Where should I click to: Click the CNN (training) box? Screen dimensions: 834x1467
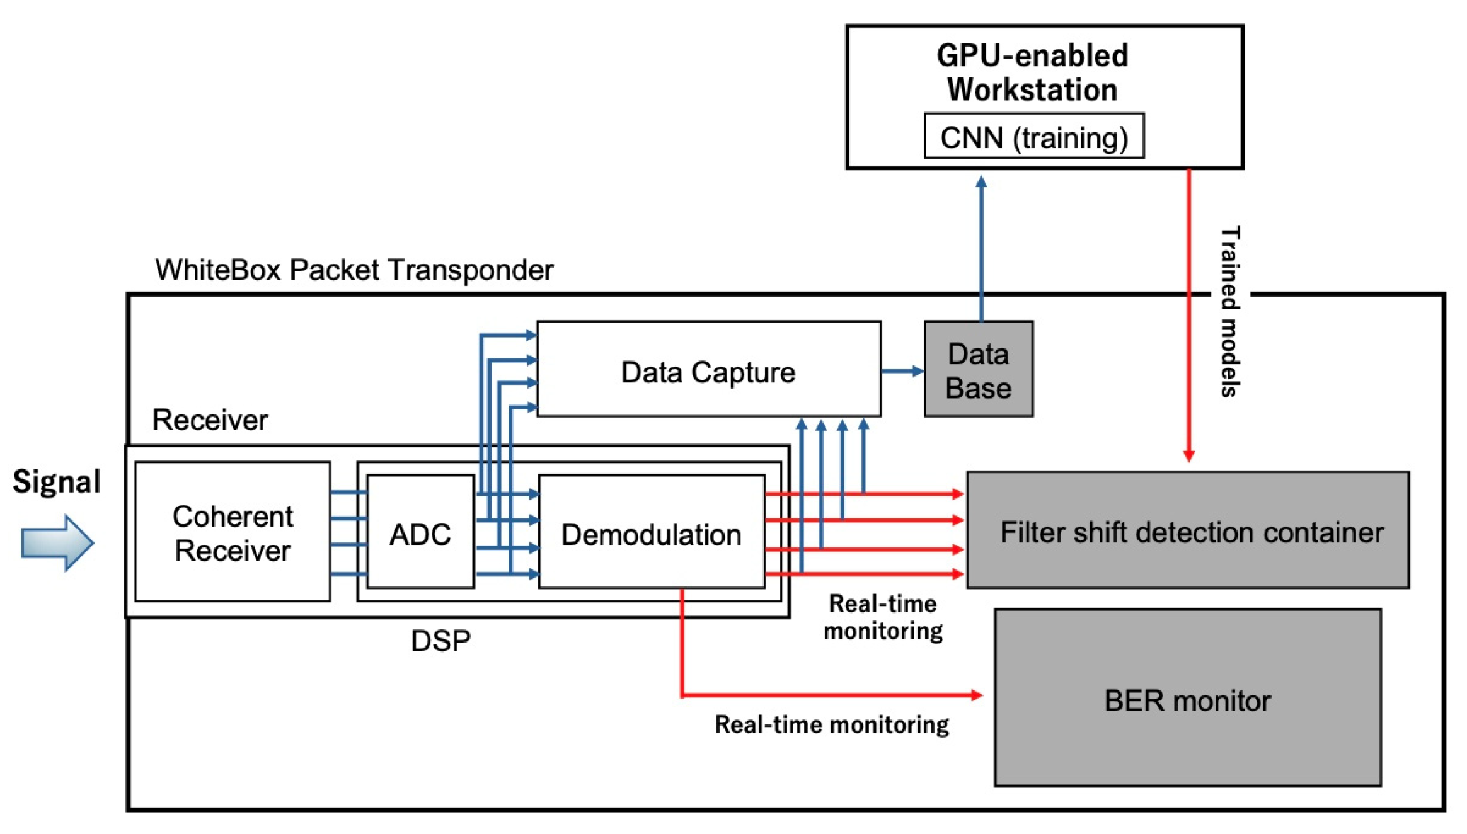click(1033, 137)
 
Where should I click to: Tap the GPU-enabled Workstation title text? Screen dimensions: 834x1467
click(1032, 72)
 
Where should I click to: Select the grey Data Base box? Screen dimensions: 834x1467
click(977, 370)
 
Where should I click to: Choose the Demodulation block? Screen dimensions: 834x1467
click(650, 534)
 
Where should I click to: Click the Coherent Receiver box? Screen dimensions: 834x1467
click(232, 532)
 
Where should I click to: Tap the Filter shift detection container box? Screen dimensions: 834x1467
click(1187, 531)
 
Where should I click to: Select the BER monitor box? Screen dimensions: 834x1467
click(1187, 699)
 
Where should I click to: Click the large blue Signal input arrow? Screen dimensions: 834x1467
click(57, 542)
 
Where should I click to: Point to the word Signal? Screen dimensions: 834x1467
click(56, 482)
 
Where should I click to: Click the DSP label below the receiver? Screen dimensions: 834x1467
click(440, 641)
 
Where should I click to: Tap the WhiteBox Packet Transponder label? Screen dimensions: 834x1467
click(354, 270)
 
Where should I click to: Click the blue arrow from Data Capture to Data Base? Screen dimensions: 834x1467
click(902, 371)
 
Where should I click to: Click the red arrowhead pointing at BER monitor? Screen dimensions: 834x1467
click(976, 695)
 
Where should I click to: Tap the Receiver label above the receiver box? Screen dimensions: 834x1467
click(210, 420)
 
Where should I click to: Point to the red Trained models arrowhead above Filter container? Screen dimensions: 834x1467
click(1188, 455)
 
